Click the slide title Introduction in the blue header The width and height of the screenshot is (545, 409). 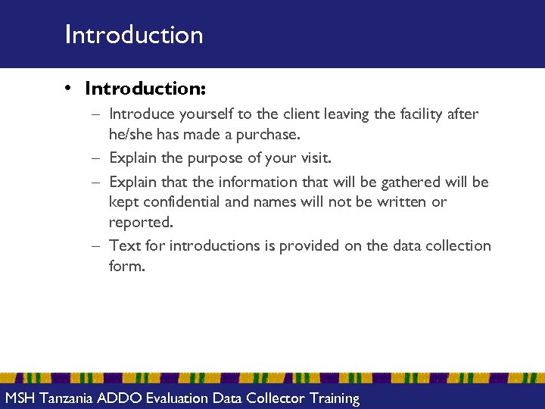(134, 35)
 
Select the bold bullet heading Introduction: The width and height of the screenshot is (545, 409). (145, 89)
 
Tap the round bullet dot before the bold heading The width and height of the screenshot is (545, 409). (67, 89)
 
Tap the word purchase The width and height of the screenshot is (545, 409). (269, 135)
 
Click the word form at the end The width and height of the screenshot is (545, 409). (126, 267)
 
